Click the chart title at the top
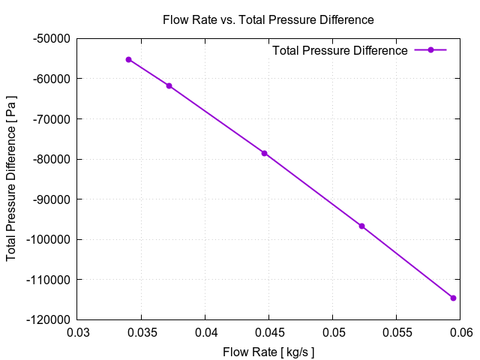click(x=268, y=19)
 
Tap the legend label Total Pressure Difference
click(x=340, y=50)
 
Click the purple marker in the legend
click(x=430, y=50)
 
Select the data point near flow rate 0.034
click(x=129, y=59)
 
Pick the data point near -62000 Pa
click(x=169, y=85)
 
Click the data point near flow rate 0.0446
click(x=264, y=153)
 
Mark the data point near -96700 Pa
click(x=361, y=226)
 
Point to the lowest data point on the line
click(x=453, y=298)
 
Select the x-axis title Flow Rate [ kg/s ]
click(x=268, y=352)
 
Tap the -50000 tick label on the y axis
click(x=51, y=38)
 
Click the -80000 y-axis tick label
click(x=51, y=159)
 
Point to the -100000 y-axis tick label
click(x=48, y=239)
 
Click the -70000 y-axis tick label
click(x=51, y=118)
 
